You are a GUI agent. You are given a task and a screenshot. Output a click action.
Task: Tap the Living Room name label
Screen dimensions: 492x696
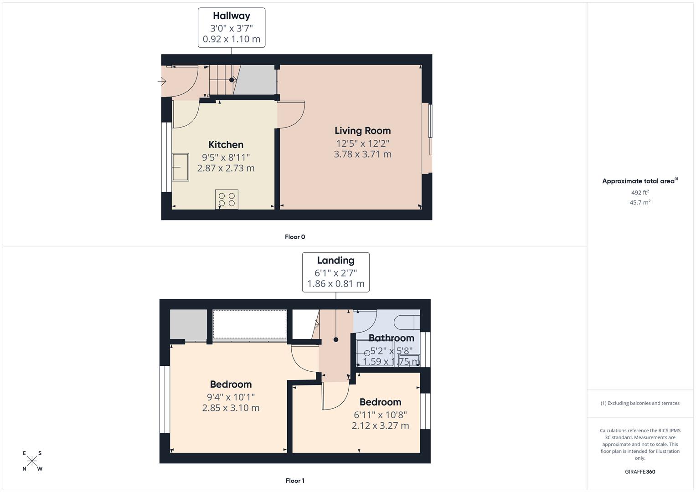point(362,131)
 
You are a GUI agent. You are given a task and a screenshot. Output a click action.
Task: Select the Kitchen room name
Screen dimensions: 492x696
point(226,145)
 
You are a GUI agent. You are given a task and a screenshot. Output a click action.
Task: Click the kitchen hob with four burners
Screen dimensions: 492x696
point(227,200)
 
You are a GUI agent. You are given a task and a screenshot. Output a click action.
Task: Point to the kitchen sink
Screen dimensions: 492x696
point(180,167)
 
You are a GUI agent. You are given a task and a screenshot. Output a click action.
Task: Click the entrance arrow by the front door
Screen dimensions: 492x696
point(162,82)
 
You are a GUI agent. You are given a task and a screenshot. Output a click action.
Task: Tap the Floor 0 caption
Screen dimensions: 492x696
point(295,237)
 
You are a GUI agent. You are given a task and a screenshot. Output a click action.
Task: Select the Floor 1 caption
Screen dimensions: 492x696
point(295,481)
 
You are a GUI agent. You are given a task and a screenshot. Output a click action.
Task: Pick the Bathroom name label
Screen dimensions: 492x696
point(391,338)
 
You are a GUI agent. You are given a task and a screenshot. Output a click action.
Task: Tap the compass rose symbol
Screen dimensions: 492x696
point(32,461)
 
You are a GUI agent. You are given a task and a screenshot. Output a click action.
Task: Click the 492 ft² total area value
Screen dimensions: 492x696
point(640,193)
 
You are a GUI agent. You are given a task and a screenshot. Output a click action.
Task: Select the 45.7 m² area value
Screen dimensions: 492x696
point(640,203)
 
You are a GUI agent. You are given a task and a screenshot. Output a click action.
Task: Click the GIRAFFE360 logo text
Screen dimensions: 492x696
point(640,472)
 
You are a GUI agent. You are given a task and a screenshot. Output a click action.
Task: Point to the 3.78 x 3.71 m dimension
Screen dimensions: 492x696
point(362,154)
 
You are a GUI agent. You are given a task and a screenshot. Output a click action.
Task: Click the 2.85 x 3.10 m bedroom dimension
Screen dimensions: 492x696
point(231,408)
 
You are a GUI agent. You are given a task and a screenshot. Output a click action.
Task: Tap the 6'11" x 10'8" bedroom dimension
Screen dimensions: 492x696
point(380,415)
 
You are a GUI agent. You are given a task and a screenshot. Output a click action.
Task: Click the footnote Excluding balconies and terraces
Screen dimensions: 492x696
point(640,403)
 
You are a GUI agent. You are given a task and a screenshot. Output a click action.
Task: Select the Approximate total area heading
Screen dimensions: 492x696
point(639,181)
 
